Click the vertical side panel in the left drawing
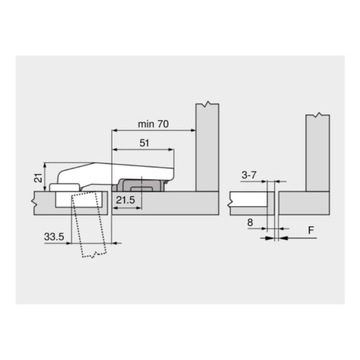[207, 150]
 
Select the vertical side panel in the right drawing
[317, 150]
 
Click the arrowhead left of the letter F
[285, 240]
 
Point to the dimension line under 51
[145, 150]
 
